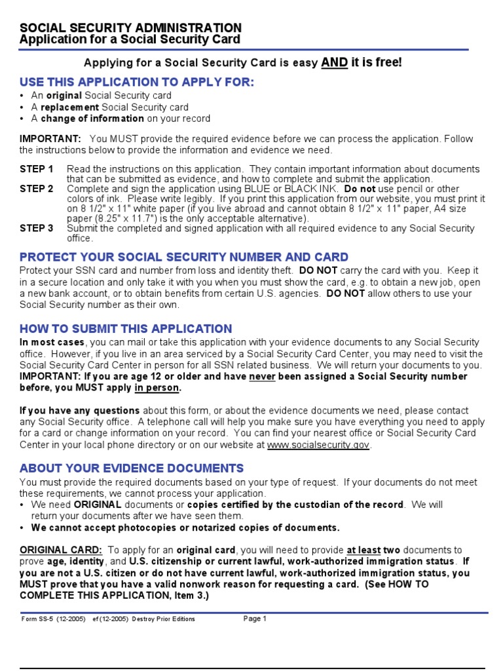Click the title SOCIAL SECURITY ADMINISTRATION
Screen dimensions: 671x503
130,28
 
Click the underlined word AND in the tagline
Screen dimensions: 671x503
334,62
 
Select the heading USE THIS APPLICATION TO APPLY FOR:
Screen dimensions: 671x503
136,82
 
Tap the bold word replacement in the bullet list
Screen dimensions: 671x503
69,107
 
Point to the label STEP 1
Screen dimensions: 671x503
37,169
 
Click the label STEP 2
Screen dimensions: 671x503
37,189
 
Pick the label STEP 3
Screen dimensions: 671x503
37,228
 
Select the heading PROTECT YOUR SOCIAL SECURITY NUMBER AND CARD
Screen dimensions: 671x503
184,257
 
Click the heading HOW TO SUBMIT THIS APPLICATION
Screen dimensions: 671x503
126,329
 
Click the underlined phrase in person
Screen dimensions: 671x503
157,388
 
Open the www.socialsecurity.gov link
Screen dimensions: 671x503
318,444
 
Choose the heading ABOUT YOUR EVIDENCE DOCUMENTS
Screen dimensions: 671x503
132,468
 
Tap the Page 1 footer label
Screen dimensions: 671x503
255,619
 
